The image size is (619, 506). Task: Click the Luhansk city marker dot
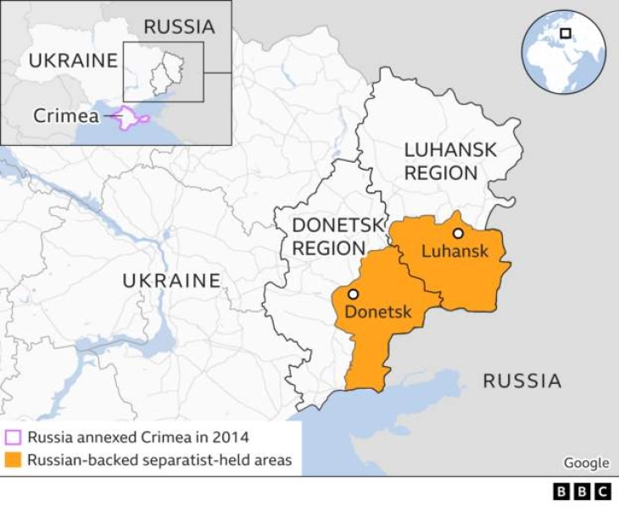tap(458, 233)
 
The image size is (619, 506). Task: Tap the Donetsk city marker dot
tap(353, 294)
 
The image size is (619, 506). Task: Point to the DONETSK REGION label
tap(329, 236)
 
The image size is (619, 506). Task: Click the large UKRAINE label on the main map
tap(171, 281)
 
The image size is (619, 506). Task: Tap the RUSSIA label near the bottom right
tap(521, 381)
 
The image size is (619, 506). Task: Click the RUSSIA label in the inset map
tap(179, 26)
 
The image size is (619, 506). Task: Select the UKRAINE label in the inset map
tap(73, 60)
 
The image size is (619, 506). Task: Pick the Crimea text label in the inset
tap(65, 116)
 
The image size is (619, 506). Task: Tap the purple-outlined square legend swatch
tap(13, 438)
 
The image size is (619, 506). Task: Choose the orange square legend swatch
tap(13, 460)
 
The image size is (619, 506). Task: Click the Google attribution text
tap(586, 463)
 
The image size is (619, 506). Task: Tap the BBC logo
tap(582, 492)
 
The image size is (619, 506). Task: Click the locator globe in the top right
tap(563, 53)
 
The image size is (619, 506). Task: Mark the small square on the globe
tap(566, 33)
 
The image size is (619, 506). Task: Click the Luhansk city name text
tap(454, 251)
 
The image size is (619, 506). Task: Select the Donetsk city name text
tap(377, 312)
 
